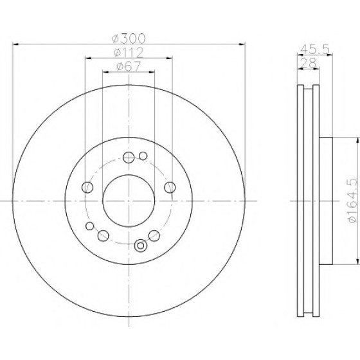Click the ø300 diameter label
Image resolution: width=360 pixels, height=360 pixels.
129,39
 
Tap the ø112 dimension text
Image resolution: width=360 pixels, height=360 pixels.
129,53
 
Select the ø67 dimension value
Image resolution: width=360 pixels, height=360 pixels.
129,67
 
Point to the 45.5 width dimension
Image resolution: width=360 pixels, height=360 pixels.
315,49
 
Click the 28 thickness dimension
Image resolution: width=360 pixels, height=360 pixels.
308,63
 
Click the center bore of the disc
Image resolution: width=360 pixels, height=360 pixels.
129,201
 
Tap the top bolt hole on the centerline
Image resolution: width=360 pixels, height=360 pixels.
129,157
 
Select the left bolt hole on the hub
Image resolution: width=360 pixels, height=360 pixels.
87,187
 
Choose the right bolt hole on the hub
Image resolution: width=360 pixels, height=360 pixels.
170,187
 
